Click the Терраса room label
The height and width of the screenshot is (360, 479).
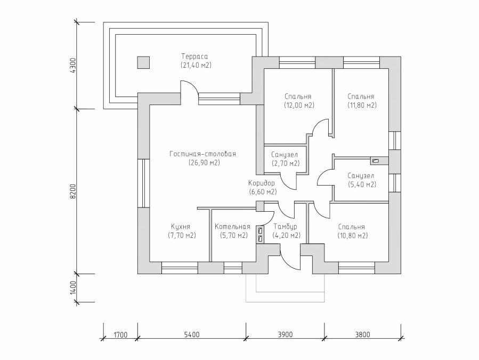tap(194, 57)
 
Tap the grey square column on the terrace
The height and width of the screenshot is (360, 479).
tap(143, 62)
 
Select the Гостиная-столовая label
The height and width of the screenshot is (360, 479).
tap(203, 154)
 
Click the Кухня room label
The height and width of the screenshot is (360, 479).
tap(181, 227)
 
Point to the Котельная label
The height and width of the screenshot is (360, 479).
tap(232, 227)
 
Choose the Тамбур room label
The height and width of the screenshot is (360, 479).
tap(286, 227)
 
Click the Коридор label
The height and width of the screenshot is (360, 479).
tap(261, 183)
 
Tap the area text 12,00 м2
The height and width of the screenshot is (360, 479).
tap(299, 105)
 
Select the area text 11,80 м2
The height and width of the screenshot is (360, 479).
tap(362, 105)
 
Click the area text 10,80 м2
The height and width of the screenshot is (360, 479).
tap(353, 236)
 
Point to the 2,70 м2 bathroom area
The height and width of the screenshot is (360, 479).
tap(286, 164)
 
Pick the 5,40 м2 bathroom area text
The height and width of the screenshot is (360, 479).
tap(362, 185)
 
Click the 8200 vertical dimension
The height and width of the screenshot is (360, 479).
tap(72, 191)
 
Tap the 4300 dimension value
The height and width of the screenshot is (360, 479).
tap(72, 66)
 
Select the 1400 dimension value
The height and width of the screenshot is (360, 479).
tap(72, 288)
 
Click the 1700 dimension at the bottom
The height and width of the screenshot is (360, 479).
tap(120, 334)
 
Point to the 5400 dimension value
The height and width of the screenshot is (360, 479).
tap(192, 334)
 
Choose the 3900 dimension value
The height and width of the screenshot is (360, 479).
tap(285, 334)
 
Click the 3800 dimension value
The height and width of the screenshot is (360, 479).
tap(362, 334)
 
